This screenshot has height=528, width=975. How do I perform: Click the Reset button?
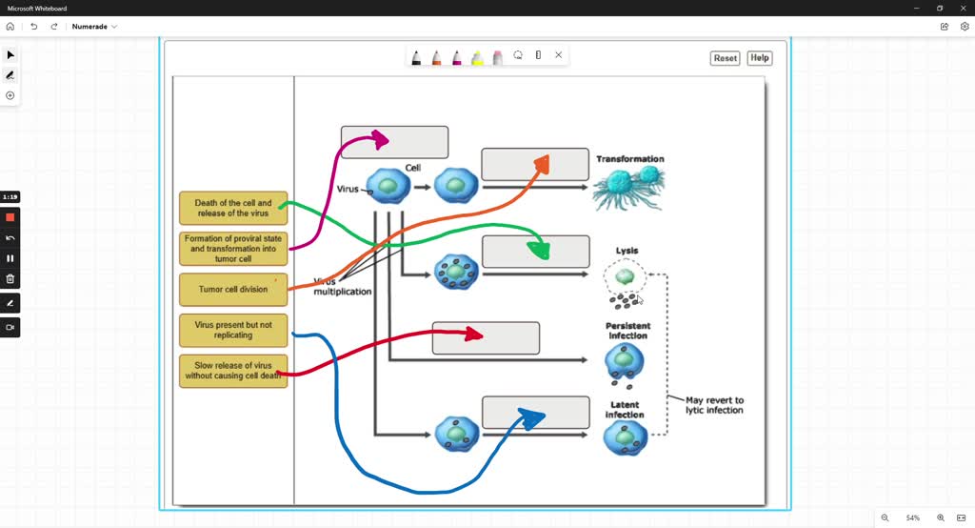pyautogui.click(x=726, y=58)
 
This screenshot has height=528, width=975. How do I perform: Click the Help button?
pyautogui.click(x=759, y=58)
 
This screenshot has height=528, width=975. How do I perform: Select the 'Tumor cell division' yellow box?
pyautogui.click(x=233, y=290)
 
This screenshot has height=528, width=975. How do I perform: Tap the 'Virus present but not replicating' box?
pyautogui.click(x=233, y=330)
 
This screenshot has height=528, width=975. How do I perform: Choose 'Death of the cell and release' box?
pyautogui.click(x=233, y=208)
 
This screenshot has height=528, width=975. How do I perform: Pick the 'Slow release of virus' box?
pyautogui.click(x=233, y=371)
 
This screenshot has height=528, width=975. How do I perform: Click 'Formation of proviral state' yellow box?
pyautogui.click(x=233, y=249)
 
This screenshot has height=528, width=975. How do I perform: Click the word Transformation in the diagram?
pyautogui.click(x=630, y=159)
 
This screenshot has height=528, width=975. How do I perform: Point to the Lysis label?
pyautogui.click(x=627, y=251)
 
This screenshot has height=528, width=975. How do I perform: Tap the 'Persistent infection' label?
pyautogui.click(x=627, y=331)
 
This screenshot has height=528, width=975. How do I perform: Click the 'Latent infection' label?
pyautogui.click(x=625, y=410)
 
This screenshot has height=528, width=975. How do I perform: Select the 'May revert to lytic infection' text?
pyautogui.click(x=714, y=405)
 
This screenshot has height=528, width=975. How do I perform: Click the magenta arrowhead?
pyautogui.click(x=381, y=140)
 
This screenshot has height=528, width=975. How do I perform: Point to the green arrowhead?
pyautogui.click(x=540, y=251)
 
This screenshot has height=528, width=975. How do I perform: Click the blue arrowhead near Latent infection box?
pyautogui.click(x=532, y=417)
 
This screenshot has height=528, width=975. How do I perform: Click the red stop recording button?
pyautogui.click(x=10, y=217)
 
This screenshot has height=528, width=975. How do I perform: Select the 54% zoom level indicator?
pyautogui.click(x=913, y=518)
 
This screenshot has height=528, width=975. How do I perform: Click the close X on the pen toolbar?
pyautogui.click(x=559, y=55)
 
